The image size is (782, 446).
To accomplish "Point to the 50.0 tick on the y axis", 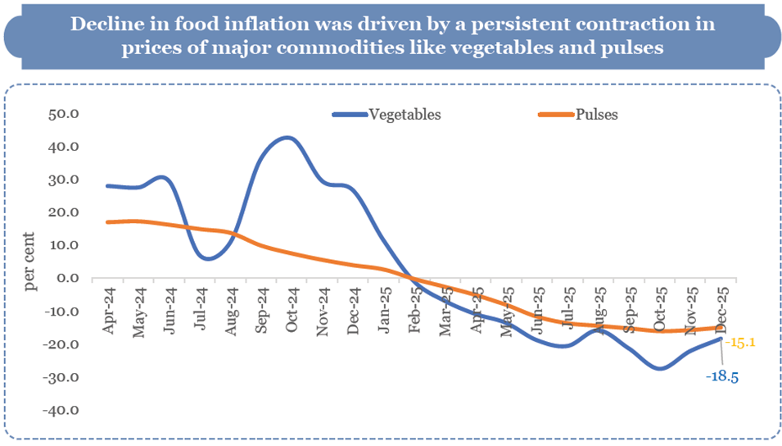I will click(x=62, y=114).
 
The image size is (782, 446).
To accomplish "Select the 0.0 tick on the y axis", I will click(x=66, y=278).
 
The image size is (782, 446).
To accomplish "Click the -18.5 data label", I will click(x=723, y=375).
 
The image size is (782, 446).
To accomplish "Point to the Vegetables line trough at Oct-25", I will click(x=660, y=368).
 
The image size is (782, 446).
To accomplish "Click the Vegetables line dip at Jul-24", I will click(x=208, y=258).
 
